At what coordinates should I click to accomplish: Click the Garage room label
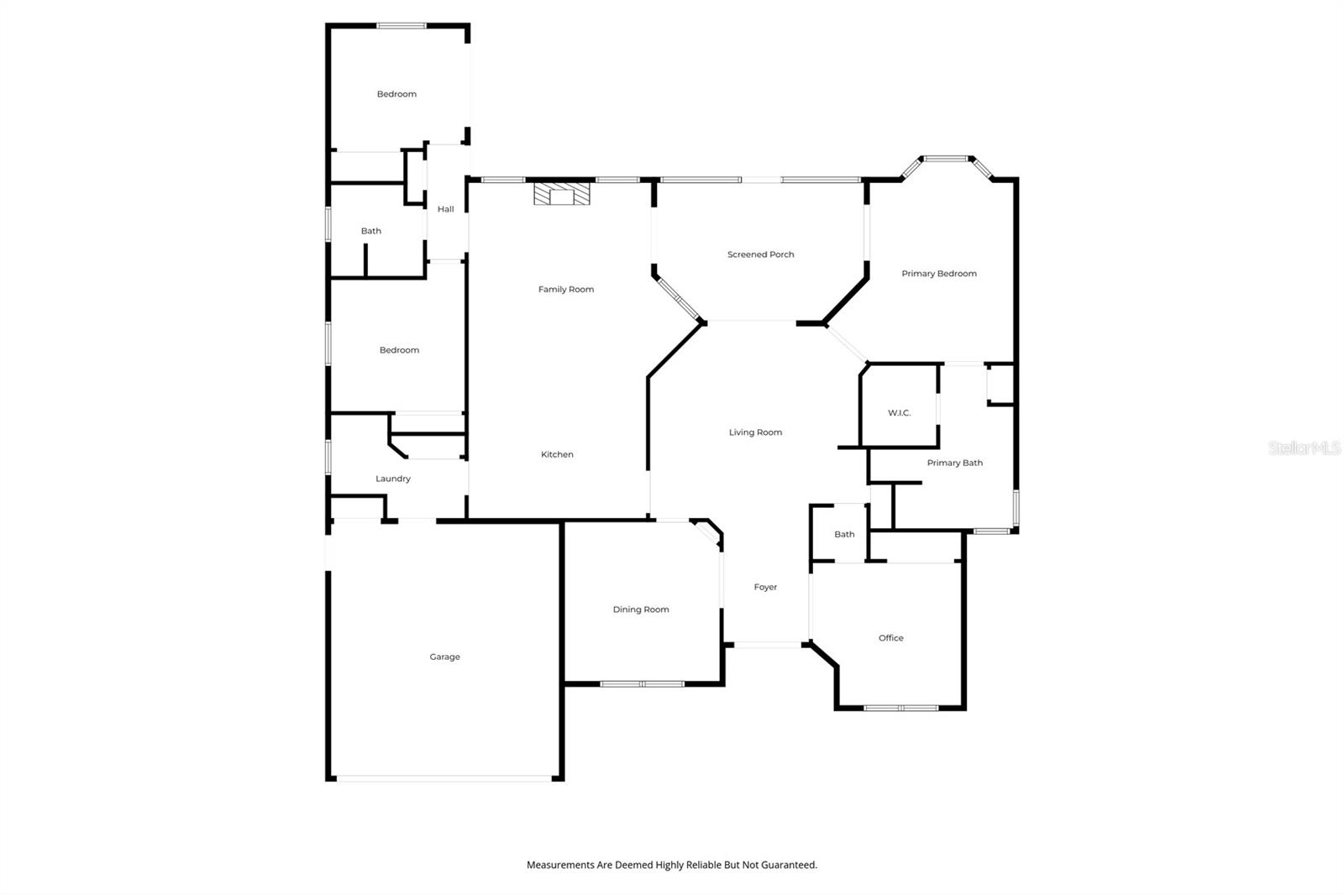point(444,657)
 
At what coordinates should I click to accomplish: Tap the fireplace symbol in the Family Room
point(562,194)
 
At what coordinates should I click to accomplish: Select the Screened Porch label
point(761,254)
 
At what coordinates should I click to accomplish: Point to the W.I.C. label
point(900,413)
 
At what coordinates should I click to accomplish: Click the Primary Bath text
point(954,463)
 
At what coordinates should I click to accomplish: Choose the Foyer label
point(765,587)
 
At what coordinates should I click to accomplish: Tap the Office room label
point(891,638)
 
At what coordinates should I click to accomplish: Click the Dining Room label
point(641,610)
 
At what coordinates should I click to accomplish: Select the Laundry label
point(393,479)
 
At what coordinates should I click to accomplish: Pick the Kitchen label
point(558,455)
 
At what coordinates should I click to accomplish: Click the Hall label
point(446,209)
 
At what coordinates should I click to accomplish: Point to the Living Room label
point(755,432)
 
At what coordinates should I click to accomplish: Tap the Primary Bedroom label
point(939,274)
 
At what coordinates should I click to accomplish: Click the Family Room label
point(566,290)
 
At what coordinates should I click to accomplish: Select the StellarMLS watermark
point(1305,447)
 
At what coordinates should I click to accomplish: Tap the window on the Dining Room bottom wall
point(642,684)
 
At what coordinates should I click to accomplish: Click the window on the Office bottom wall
point(901,708)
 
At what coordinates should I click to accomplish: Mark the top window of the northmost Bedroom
point(402,26)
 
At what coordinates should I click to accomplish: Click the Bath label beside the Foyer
point(845,535)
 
